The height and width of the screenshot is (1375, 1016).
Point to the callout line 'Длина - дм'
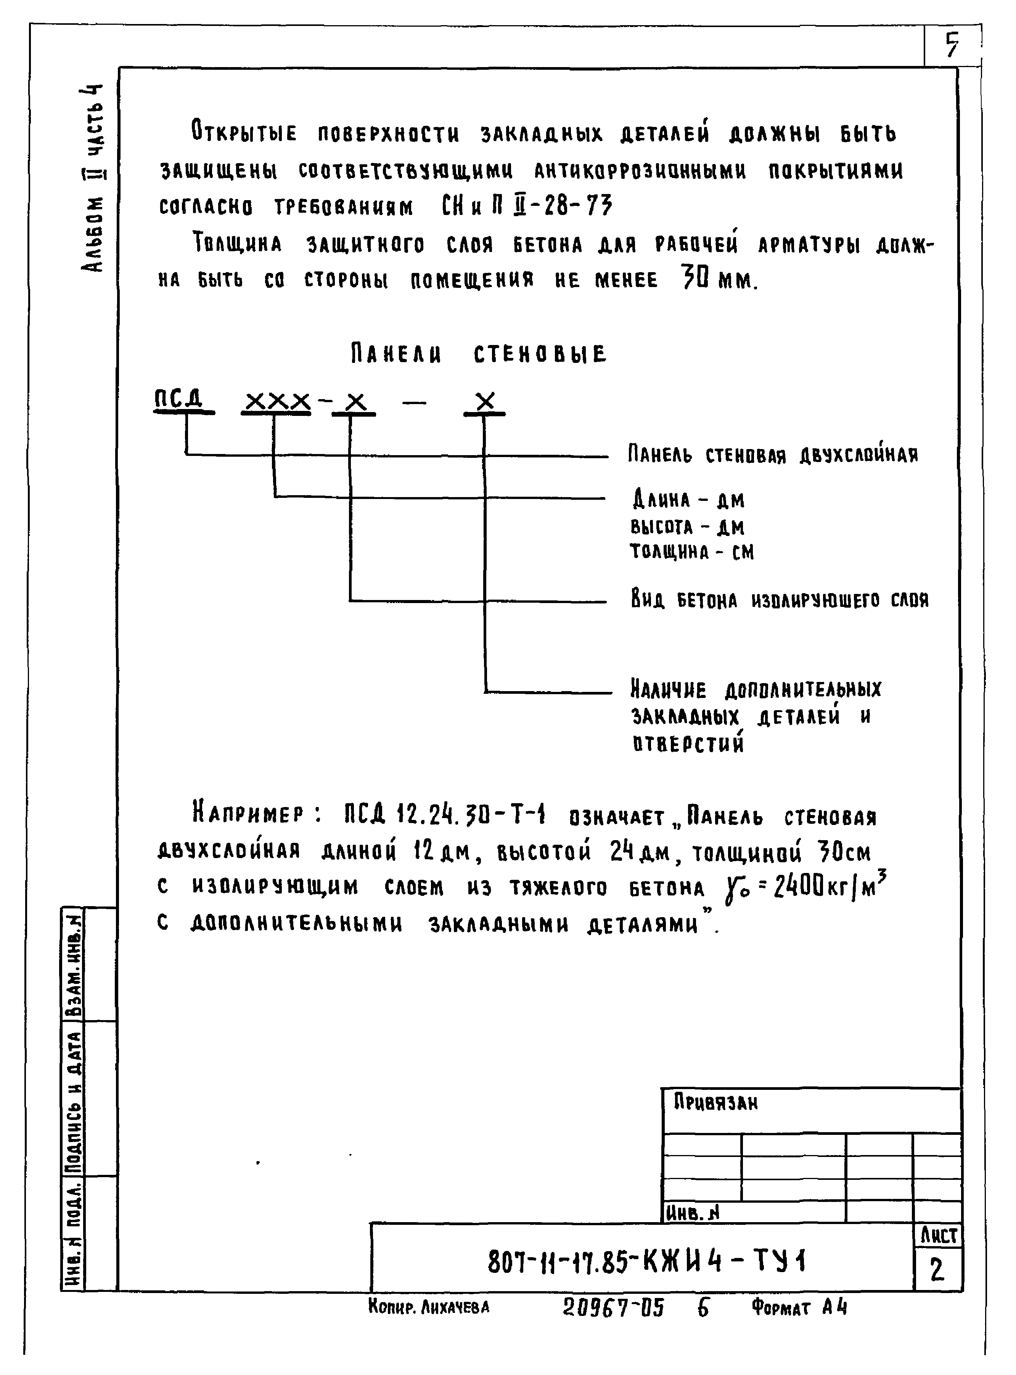688,500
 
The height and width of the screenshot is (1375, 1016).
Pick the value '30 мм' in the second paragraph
719,280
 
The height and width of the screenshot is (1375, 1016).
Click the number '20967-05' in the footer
613,1308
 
